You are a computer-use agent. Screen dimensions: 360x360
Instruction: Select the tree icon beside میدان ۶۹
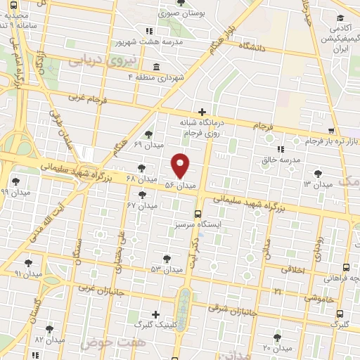(148, 134)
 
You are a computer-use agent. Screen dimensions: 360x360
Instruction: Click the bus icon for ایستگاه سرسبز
(198, 213)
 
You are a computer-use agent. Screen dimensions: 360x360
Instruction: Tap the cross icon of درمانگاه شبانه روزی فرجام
(202, 112)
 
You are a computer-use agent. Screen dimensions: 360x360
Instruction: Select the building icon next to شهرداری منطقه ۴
(155, 67)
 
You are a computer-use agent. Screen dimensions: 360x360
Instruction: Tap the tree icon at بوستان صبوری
(181, 4)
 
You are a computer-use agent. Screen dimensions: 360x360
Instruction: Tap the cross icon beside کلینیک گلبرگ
(155, 314)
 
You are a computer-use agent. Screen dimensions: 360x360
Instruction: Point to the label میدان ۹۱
(28, 274)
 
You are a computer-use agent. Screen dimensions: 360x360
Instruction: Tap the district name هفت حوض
(105, 342)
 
